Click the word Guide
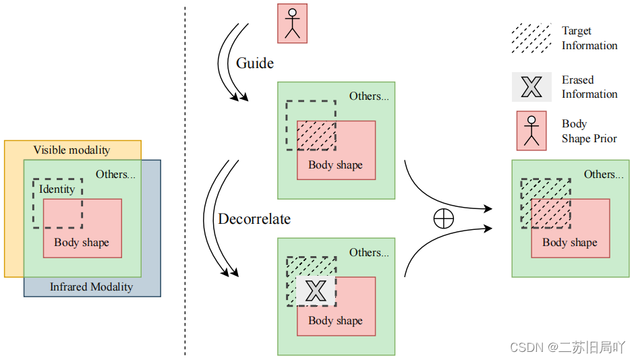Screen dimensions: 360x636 click(x=254, y=63)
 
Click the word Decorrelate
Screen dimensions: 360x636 click(x=254, y=219)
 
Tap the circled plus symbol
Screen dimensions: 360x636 click(x=443, y=219)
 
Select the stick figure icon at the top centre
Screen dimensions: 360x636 click(x=292, y=23)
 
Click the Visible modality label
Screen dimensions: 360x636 click(x=71, y=150)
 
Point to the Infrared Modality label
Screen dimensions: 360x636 click(x=92, y=287)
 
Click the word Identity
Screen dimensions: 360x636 click(x=57, y=189)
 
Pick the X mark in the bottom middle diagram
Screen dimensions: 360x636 click(x=315, y=291)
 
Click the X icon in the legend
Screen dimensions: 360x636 click(x=531, y=86)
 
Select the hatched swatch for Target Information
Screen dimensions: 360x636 click(x=531, y=38)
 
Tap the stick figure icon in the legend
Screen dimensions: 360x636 click(x=531, y=130)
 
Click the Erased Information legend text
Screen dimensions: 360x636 click(x=589, y=87)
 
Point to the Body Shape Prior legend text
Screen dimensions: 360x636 click(x=589, y=131)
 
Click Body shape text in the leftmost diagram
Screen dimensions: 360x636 click(x=82, y=243)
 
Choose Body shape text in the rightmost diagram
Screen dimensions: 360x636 click(x=570, y=243)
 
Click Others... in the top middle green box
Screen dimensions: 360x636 click(x=369, y=96)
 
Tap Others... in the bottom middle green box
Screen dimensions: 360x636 click(x=369, y=252)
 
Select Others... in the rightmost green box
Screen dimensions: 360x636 click(x=604, y=174)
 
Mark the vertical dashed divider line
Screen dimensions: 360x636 click(x=185, y=182)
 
